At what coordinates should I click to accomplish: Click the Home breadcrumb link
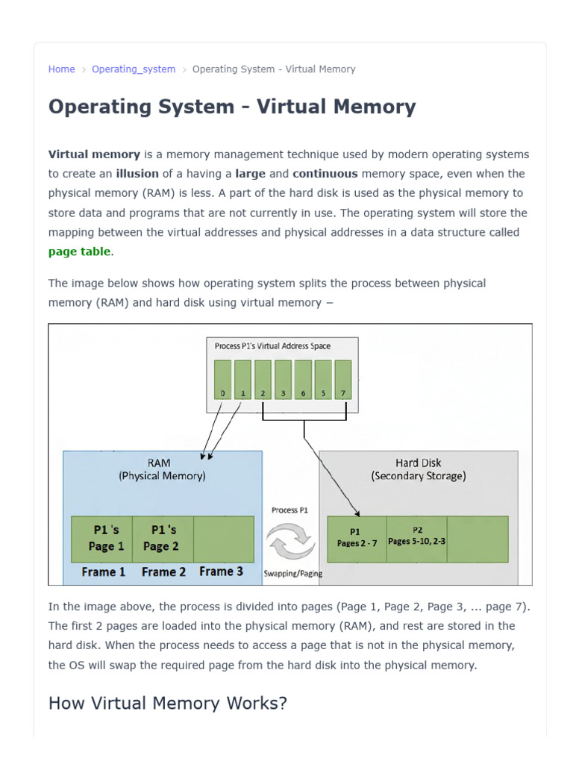tap(61, 69)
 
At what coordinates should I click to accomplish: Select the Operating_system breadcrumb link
tap(134, 69)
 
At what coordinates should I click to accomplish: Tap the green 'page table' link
tap(79, 251)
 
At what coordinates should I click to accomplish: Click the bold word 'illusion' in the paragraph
tap(137, 173)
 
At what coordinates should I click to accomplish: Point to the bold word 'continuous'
tap(325, 173)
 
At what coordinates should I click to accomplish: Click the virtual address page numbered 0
tap(222, 380)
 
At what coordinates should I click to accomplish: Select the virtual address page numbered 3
tap(283, 380)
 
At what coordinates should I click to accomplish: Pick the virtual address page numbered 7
tap(343, 380)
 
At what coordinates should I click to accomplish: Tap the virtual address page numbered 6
tap(303, 380)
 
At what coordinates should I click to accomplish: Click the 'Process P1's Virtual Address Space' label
tap(272, 346)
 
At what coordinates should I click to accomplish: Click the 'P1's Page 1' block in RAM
tap(101, 539)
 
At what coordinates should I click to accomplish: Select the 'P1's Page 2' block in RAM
tap(163, 539)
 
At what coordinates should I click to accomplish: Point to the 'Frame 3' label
tap(221, 572)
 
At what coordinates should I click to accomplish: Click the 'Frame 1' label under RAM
tap(103, 572)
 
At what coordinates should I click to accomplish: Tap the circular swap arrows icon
tap(290, 541)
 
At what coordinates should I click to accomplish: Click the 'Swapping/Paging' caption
tap(292, 574)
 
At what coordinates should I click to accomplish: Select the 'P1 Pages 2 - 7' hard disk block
tap(357, 539)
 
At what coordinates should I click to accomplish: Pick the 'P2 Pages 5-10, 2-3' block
tap(416, 539)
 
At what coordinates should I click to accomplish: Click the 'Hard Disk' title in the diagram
tap(418, 463)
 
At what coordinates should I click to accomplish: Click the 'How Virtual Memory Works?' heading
tap(168, 704)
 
